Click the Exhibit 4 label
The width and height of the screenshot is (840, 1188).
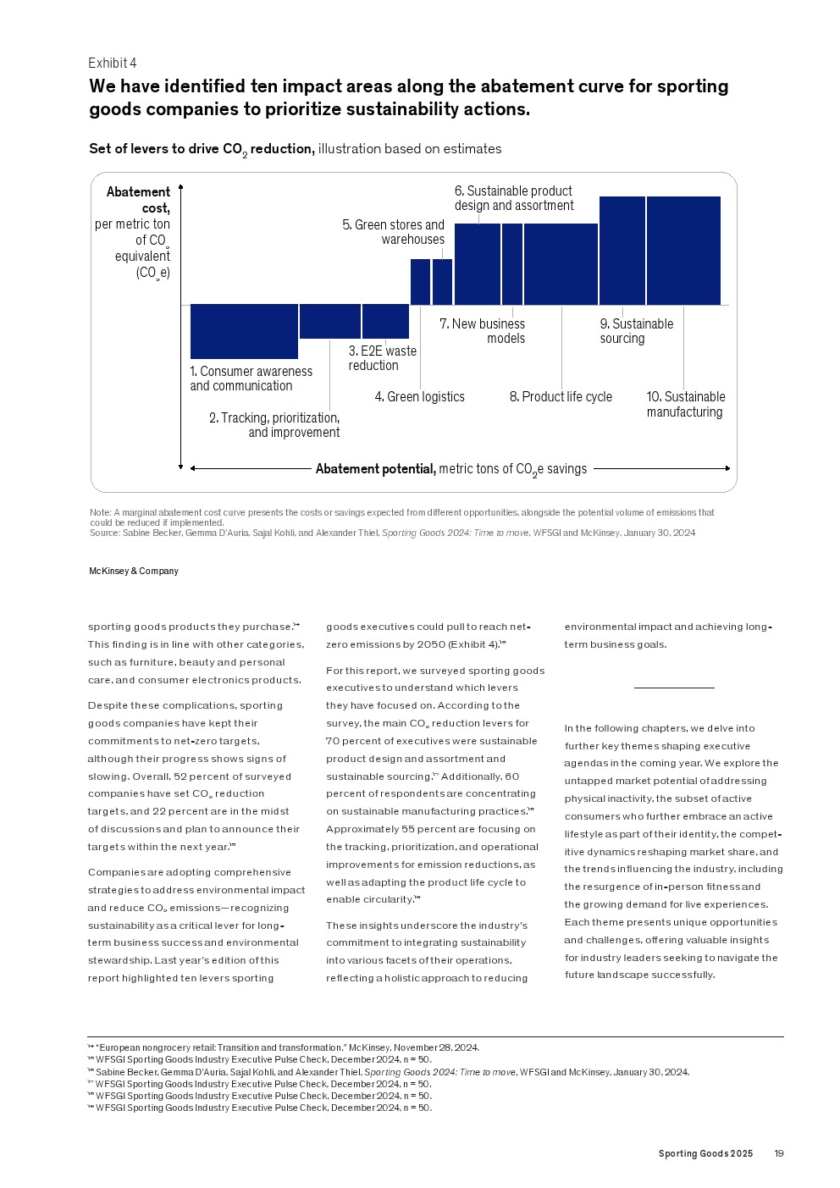(x=112, y=64)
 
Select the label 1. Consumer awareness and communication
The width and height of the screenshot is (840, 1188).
(x=251, y=379)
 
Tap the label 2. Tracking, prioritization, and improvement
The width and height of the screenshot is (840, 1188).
(x=274, y=425)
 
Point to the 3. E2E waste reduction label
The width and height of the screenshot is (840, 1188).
(x=382, y=358)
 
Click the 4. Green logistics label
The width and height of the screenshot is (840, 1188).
(x=419, y=397)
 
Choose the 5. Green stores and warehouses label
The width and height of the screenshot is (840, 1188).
(x=393, y=232)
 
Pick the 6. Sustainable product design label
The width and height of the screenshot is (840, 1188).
(x=514, y=198)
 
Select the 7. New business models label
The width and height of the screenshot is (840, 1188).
(x=482, y=331)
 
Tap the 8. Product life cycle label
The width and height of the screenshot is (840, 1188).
(x=561, y=397)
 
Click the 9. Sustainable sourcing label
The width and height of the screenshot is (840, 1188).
(x=636, y=331)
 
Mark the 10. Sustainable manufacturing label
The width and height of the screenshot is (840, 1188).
(x=685, y=405)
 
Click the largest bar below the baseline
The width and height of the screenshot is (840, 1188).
(x=244, y=331)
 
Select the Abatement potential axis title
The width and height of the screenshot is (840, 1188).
(x=450, y=469)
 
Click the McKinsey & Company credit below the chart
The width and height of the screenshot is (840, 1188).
(x=134, y=572)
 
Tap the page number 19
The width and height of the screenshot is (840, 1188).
(x=779, y=1154)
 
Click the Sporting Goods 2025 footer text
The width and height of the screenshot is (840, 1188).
(x=705, y=1154)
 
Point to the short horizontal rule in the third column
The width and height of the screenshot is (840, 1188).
(x=674, y=688)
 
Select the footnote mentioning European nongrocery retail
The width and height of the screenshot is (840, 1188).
(x=286, y=1047)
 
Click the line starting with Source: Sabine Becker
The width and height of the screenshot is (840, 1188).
(x=392, y=533)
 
